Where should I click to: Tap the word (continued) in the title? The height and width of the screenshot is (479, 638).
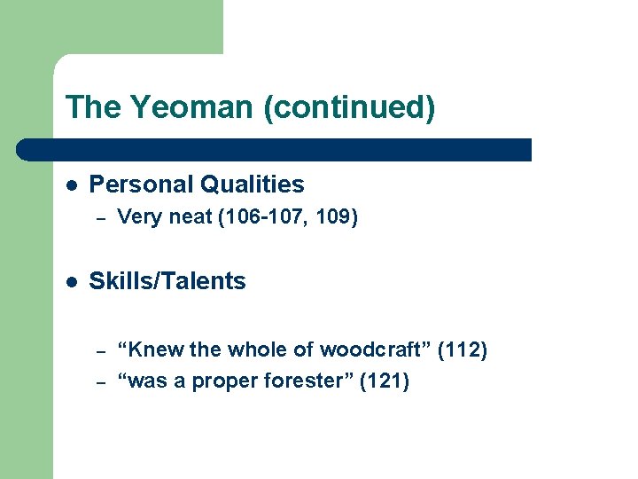coord(349,108)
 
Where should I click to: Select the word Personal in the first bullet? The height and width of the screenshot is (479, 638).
coord(142,185)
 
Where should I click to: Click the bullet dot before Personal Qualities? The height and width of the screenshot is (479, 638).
coord(71,185)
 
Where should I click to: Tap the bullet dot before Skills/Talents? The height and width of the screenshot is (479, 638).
coord(71,281)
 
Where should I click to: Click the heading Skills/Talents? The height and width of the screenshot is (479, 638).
coord(168,281)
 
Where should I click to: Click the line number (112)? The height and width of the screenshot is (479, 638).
coord(463,349)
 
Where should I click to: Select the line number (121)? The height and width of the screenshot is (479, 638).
coord(385,382)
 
